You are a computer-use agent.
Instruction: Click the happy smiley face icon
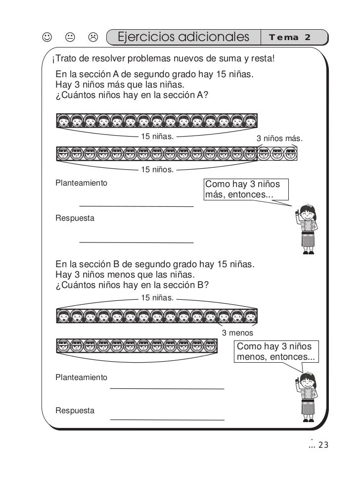pos(46,38)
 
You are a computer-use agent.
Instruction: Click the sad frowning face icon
pos(92,38)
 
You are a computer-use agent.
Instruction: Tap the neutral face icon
pos(70,38)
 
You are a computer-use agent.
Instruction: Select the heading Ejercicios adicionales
pos(183,37)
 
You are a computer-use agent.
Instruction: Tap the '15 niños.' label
pos(157,170)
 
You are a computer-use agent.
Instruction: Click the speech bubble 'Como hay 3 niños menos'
pos(277,351)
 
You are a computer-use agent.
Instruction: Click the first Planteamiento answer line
pos(136,205)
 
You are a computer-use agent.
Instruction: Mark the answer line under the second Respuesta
pos(167,420)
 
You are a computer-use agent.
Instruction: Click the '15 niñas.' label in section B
pos(157,298)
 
